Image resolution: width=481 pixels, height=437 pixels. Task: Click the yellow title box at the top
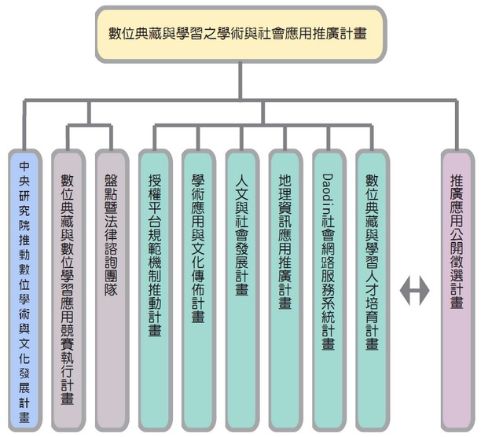click(x=241, y=35)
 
